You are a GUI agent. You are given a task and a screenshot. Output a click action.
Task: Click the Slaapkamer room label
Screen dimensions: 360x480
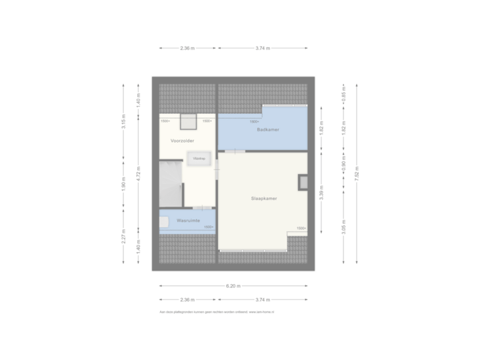click(x=264, y=199)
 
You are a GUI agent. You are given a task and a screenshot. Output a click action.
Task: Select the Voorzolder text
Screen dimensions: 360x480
click(x=182, y=141)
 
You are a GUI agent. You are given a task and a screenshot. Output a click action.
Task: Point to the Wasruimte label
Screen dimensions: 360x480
click(x=188, y=219)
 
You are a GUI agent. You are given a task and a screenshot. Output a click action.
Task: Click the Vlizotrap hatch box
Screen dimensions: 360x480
click(x=199, y=159)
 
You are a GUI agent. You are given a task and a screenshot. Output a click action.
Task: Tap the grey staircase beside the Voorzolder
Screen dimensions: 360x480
click(x=171, y=183)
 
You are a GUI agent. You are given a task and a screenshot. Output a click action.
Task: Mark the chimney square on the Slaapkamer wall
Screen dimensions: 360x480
click(x=303, y=181)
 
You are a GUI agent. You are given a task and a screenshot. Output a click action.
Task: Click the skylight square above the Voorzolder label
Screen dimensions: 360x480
click(x=188, y=121)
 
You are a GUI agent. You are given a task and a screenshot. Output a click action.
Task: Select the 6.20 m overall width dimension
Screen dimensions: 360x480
click(x=233, y=286)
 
